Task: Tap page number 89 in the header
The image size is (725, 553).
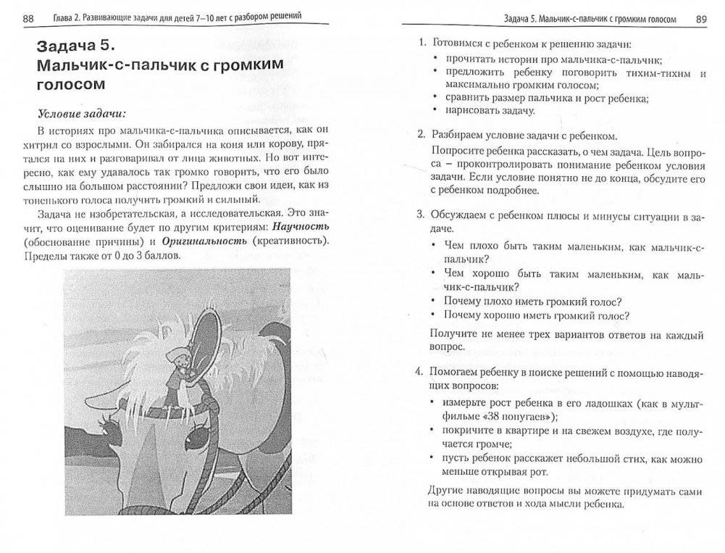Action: point(700,19)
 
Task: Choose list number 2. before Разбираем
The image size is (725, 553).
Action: point(421,135)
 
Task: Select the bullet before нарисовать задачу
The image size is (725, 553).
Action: point(434,111)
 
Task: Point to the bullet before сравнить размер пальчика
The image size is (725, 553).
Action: point(434,98)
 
